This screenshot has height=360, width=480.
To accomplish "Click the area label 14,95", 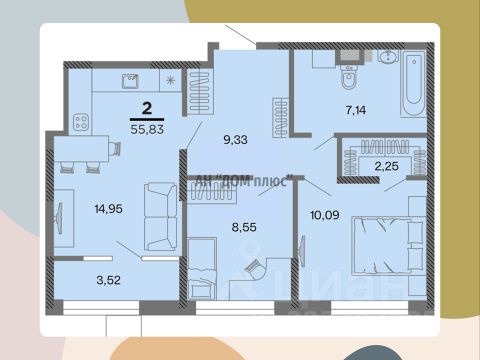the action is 109,209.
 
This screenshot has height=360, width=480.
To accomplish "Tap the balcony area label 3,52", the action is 109,280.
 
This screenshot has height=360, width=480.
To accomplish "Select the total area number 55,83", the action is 147,129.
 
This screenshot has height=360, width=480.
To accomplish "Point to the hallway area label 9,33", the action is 235,140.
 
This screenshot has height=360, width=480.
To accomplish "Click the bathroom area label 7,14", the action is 356,110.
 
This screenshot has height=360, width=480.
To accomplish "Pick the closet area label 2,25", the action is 387,166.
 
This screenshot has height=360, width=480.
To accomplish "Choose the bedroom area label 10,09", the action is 325,215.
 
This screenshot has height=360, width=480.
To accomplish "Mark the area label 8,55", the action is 244,227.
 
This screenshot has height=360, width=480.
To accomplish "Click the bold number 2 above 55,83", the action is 147,109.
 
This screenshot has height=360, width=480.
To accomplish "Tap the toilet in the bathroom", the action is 349,77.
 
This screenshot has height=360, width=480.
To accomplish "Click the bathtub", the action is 413,83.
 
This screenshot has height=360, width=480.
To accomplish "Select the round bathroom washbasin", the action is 388,56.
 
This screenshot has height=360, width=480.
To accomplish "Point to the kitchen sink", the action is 130,81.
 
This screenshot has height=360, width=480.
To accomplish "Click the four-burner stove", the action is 81,122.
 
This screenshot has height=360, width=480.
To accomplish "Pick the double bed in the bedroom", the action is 389,245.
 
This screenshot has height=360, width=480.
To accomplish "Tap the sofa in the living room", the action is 161,217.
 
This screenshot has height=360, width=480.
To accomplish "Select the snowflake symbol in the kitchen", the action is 170,80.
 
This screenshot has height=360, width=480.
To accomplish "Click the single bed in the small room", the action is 202,269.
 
